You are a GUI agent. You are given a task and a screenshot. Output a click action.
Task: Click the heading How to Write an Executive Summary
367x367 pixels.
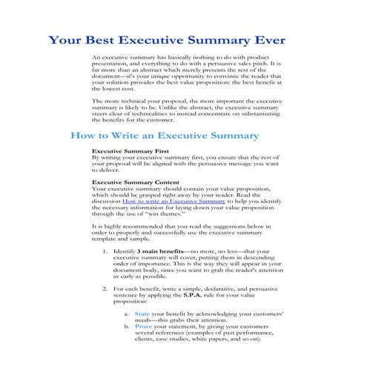click(x=163, y=136)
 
